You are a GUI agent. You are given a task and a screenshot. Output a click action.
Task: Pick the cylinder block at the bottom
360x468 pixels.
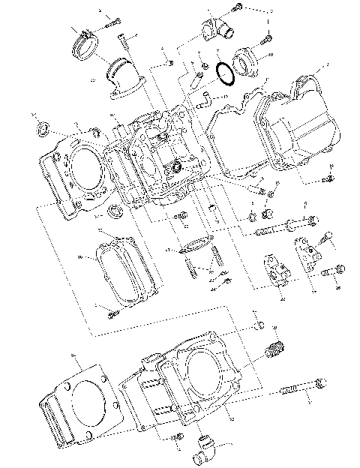pos(187,382)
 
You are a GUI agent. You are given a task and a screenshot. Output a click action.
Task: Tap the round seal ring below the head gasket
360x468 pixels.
pos(113,210)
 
